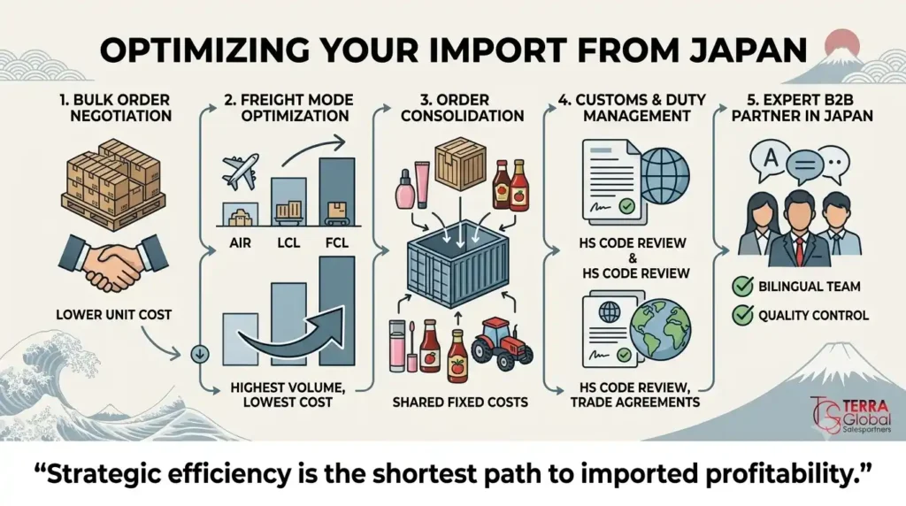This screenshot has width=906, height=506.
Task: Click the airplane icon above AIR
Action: (241, 172)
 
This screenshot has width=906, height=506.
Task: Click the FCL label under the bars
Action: (337, 242)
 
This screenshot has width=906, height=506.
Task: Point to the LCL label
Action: (288, 242)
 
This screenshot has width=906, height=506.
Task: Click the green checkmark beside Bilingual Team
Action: (742, 286)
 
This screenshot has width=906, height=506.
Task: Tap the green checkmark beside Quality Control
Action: (742, 315)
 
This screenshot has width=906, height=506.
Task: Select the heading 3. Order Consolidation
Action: (462, 107)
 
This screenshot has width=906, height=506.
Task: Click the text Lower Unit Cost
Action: (114, 315)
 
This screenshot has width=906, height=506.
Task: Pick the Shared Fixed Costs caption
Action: (460, 402)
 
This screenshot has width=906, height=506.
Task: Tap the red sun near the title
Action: (842, 45)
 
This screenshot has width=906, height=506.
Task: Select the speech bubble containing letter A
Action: (771, 158)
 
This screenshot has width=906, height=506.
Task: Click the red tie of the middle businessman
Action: (799, 250)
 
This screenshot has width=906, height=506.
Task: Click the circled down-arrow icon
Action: (200, 354)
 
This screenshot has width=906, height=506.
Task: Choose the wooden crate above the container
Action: (460, 164)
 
